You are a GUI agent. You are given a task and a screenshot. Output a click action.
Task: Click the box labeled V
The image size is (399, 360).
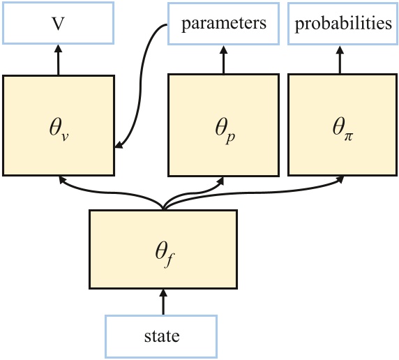(x=58, y=24)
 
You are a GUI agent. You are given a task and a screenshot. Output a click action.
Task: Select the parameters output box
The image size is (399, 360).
(x=223, y=24)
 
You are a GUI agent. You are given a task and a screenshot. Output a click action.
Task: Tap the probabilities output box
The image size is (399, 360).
(x=342, y=24)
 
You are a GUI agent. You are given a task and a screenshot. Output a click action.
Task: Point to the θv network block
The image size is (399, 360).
(x=58, y=125)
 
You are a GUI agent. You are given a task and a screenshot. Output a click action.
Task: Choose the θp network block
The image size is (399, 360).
(x=223, y=125)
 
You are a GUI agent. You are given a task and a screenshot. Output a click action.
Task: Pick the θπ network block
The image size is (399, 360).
(x=342, y=125)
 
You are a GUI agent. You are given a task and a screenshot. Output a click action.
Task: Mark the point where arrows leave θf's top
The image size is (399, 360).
(x=163, y=207)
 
